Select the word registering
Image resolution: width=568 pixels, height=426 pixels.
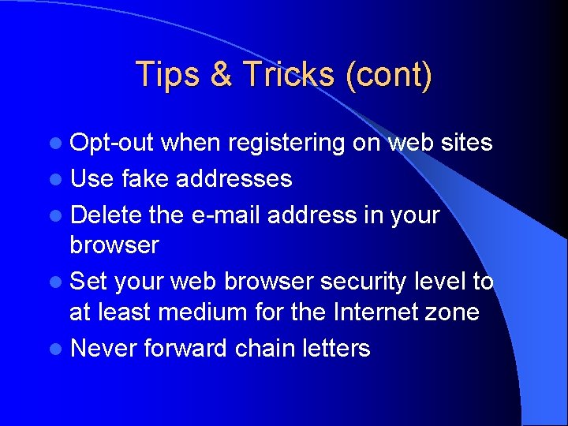(285, 144)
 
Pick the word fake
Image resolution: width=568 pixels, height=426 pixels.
(146, 178)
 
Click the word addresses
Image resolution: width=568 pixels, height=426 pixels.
(234, 178)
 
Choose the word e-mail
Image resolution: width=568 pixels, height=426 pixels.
(226, 214)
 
